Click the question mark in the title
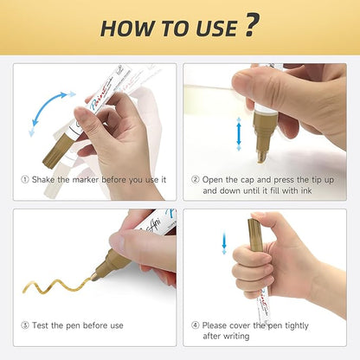point(253,25)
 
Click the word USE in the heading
point(216,29)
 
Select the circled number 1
point(25,180)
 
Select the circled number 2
point(196,180)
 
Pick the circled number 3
point(25,325)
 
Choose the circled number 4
point(196,325)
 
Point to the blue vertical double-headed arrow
point(239,134)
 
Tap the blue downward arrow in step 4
point(224,243)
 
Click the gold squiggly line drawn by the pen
point(58,285)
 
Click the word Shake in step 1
point(43,180)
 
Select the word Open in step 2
point(213,180)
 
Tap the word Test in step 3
point(40,325)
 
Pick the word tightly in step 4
point(297,326)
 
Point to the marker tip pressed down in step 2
point(262,156)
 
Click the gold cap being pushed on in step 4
point(255,235)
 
